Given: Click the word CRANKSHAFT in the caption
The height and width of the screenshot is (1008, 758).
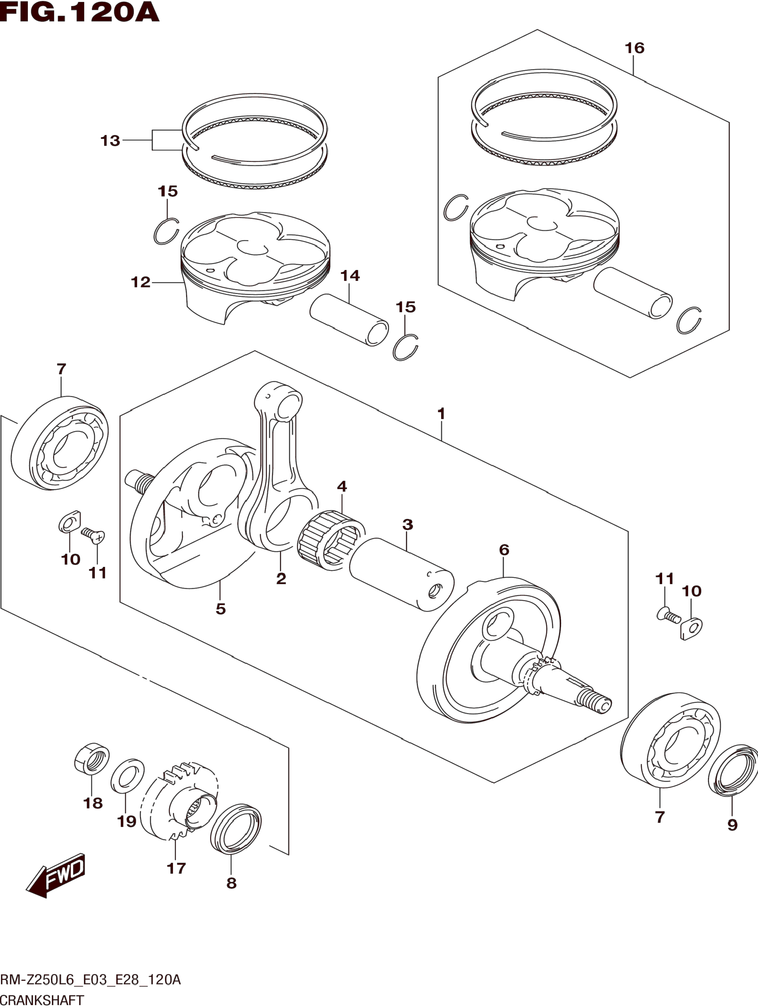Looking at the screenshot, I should coord(42,1001).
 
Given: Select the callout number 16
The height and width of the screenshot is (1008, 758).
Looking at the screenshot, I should coord(634,48).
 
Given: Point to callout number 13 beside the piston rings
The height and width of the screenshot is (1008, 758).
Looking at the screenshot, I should coord(110,141).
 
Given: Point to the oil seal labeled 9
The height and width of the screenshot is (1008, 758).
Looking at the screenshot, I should coord(733,771).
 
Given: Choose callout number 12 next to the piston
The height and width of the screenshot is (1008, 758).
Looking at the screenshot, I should coord(140,283).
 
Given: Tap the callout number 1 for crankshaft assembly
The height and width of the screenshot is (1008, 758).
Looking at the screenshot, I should coord(440,414).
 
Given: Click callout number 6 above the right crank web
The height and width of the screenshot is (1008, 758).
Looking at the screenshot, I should coord(504,550).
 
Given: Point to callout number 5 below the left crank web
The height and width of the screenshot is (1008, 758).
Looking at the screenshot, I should coord(221,609).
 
